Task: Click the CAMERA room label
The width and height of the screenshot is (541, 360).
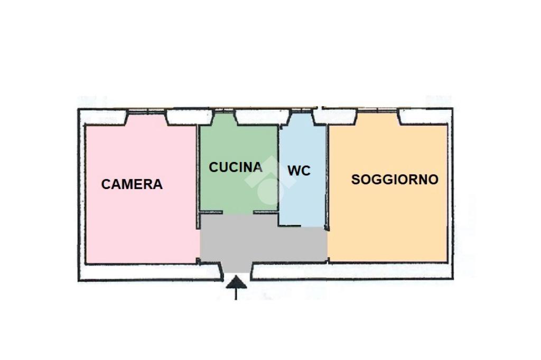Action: click(x=132, y=184)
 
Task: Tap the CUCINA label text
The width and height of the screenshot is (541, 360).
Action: click(x=236, y=167)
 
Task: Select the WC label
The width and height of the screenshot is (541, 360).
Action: click(x=299, y=171)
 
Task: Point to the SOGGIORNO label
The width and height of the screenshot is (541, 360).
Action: click(x=395, y=179)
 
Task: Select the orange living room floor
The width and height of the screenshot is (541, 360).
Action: click(x=388, y=222)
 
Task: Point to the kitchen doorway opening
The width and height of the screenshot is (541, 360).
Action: click(x=238, y=213)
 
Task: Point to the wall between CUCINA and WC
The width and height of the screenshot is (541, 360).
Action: click(x=278, y=174)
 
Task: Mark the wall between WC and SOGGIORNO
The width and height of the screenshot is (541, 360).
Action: click(x=327, y=174)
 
